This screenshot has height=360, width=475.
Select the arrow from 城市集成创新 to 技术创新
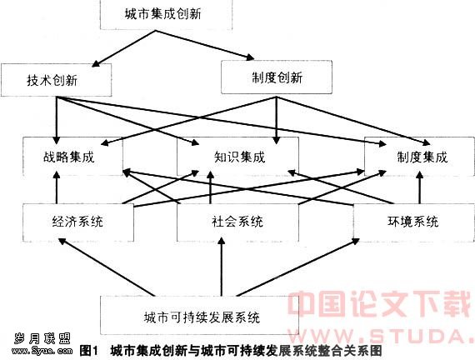pyautogui.click(x=123, y=48)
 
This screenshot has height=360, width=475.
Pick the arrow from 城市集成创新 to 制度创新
pyautogui.click(x=205, y=44)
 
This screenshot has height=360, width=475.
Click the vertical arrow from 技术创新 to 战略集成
pyautogui.click(x=57, y=120)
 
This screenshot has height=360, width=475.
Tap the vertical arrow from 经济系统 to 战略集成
pyautogui.click(x=57, y=187)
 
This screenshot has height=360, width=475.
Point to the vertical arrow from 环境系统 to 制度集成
pyautogui.click(x=419, y=187)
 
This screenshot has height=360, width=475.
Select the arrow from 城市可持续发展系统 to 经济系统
pyautogui.click(x=107, y=267)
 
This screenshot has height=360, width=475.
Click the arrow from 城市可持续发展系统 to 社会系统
pyautogui.click(x=222, y=267)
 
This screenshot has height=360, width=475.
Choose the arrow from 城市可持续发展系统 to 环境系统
pyautogui.click(x=297, y=267)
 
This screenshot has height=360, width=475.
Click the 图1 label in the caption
pyautogui.click(x=89, y=352)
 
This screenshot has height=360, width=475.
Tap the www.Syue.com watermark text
pyautogui.click(x=42, y=351)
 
